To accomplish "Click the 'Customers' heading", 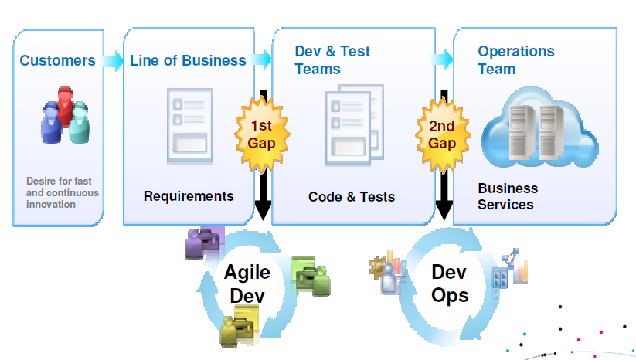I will [x=58, y=60].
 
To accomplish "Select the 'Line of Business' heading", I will [x=188, y=60].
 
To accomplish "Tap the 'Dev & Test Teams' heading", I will [x=332, y=60].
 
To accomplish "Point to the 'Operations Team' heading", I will [x=516, y=60].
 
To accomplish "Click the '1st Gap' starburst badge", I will [x=261, y=134].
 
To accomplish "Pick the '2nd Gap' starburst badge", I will [x=442, y=134].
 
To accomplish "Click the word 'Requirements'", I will [x=189, y=195].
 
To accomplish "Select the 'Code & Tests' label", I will [x=352, y=197].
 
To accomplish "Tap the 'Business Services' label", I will [x=508, y=196].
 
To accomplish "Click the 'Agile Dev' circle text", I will [x=247, y=284].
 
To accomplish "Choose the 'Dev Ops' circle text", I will [x=450, y=284].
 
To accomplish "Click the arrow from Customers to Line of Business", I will [x=113, y=60].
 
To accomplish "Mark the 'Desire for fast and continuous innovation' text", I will [x=62, y=193].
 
